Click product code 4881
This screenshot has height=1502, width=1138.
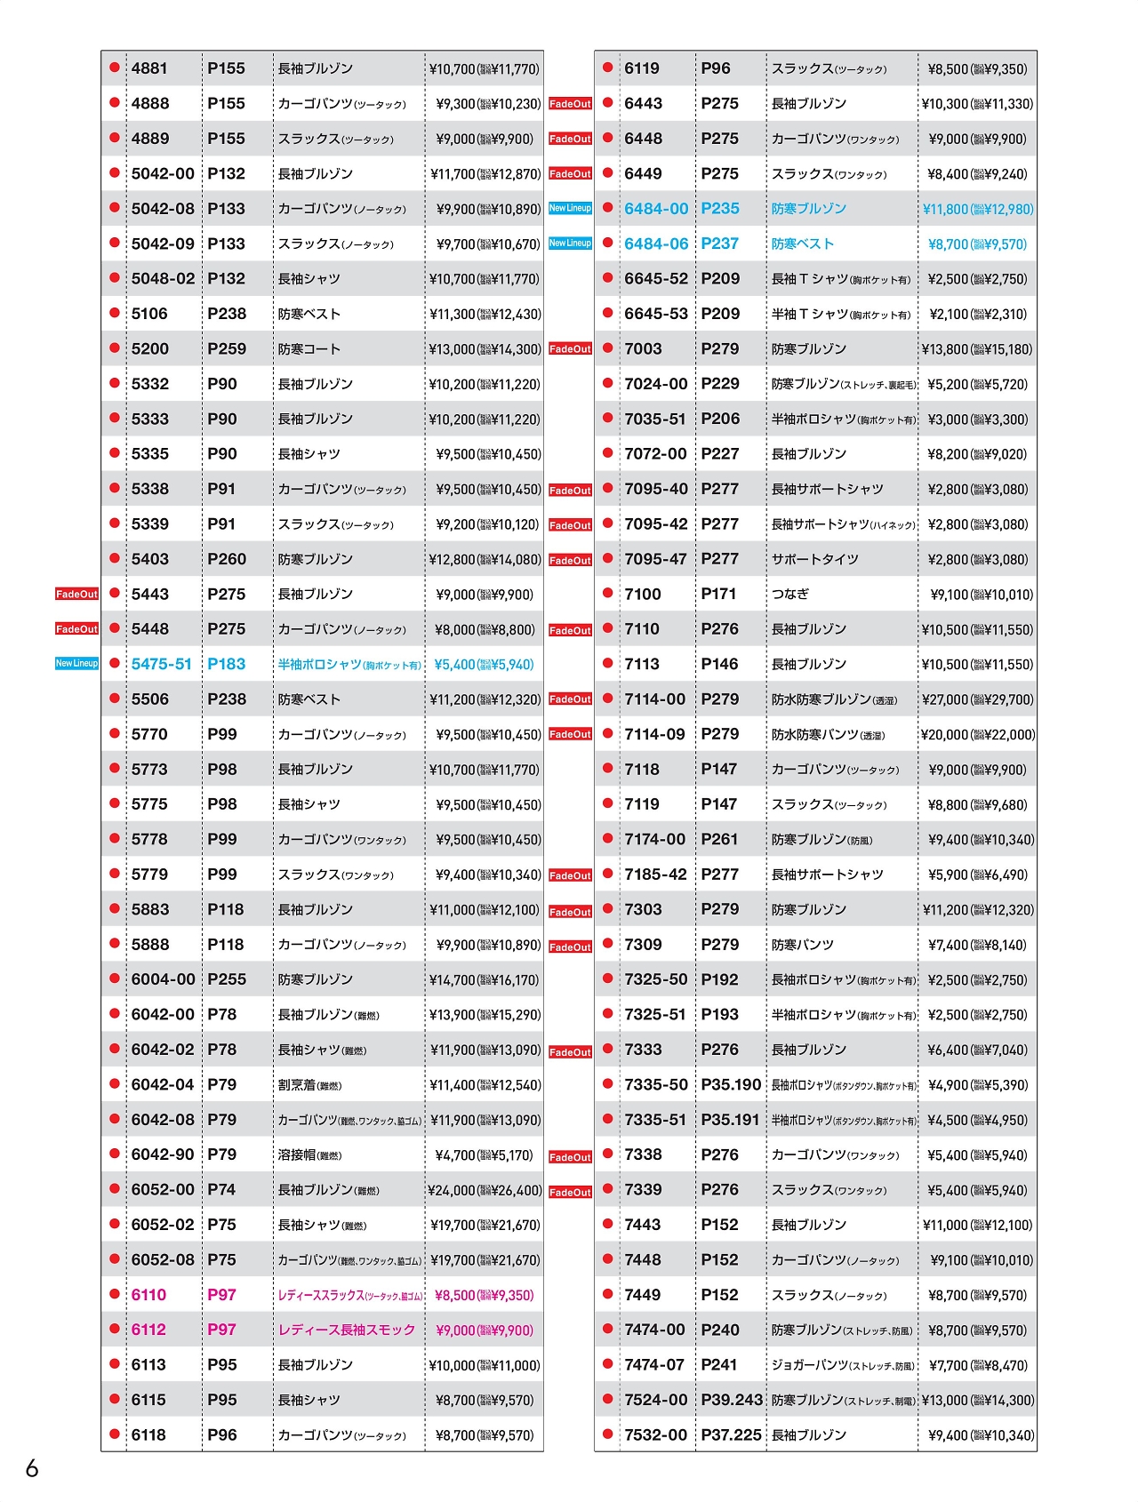[x=149, y=68]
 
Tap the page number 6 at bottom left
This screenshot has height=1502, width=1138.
[x=32, y=1467]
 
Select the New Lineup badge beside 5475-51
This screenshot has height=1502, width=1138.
[x=76, y=664]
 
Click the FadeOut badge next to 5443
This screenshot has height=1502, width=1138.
[x=76, y=594]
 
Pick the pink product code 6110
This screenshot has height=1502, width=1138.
[x=148, y=1295]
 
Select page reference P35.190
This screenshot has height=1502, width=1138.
[x=731, y=1084]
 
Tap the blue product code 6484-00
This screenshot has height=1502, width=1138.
[x=656, y=209]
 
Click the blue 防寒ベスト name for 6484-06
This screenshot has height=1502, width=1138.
[x=803, y=244]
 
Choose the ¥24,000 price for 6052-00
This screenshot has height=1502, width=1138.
[x=485, y=1190]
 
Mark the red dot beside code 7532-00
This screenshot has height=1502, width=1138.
[x=608, y=1434]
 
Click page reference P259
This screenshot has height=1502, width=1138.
[x=227, y=349]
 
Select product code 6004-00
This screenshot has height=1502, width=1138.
[x=163, y=979]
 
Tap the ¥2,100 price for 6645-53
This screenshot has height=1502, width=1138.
[x=977, y=314]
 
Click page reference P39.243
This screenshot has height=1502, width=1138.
[x=732, y=1400]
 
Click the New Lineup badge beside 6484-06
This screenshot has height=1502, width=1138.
[x=570, y=244]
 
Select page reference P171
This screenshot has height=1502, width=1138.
[x=718, y=594]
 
